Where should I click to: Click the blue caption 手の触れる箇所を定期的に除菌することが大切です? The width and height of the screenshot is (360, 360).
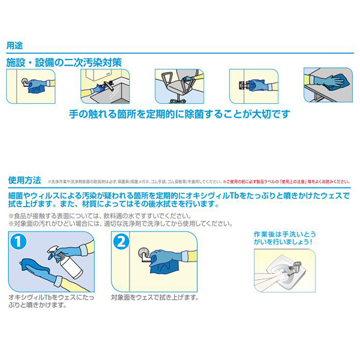click(x=179, y=115)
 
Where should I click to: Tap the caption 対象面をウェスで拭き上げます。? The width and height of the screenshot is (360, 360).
click(x=155, y=297)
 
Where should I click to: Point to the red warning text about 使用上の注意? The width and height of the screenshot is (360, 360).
click(x=286, y=179)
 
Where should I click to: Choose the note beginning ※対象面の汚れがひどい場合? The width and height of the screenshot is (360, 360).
click(x=120, y=223)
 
